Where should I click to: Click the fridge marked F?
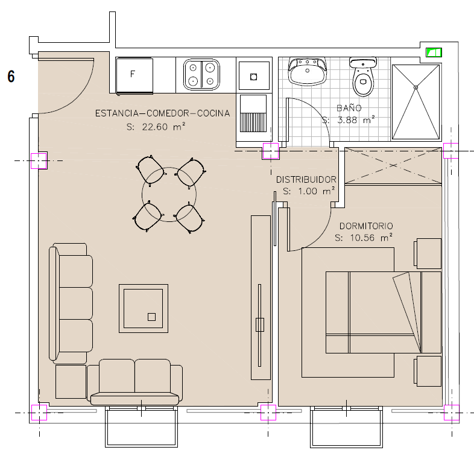click(134, 75)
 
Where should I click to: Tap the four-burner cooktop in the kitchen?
click(201, 74)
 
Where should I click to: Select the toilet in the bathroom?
click(363, 76)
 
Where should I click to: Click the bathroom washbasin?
click(308, 71)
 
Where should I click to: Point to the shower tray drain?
click(416, 87)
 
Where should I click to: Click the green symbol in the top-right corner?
click(434, 52)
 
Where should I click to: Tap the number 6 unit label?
click(11, 77)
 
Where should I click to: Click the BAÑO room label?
click(349, 107)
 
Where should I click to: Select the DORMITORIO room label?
click(366, 226)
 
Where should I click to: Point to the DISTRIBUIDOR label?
click(306, 180)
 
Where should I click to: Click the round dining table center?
click(169, 194)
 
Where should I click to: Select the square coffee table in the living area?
click(144, 308)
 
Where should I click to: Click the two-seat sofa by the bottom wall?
click(135, 382)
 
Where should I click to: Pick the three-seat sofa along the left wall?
click(71, 303)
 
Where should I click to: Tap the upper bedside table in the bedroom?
click(428, 253)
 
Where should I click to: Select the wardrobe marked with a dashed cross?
click(393, 165)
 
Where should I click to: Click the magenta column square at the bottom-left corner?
click(39, 413)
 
